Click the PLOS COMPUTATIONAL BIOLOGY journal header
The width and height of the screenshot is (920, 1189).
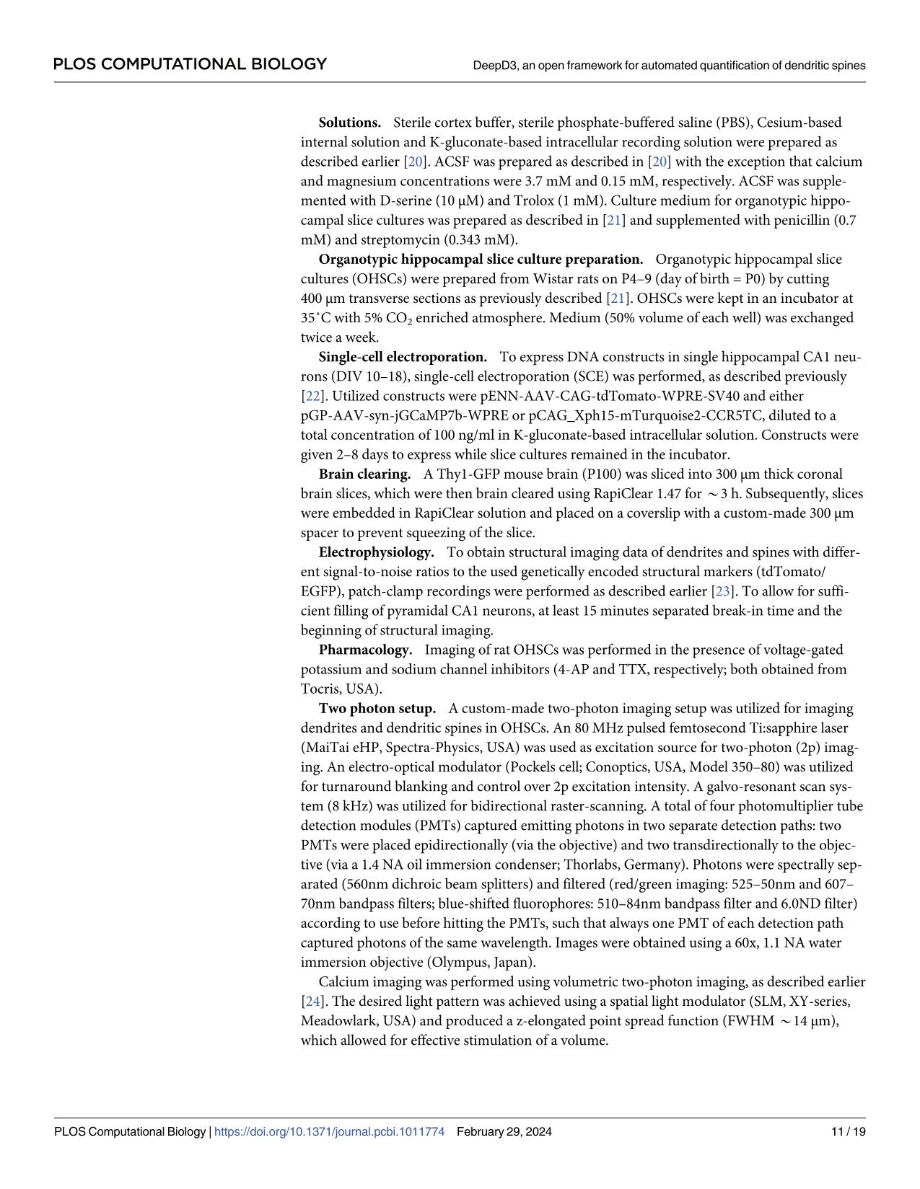(190, 64)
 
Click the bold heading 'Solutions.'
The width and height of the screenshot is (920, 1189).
(349, 123)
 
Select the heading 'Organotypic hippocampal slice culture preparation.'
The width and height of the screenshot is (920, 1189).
(481, 259)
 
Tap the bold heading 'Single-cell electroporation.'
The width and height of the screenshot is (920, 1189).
(403, 357)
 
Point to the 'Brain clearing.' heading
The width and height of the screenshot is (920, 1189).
(364, 474)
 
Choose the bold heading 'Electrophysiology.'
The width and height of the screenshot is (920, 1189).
(376, 552)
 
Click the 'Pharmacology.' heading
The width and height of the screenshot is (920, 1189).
(365, 650)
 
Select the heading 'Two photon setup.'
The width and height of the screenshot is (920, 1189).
(377, 709)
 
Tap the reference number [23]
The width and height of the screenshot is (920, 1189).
(722, 591)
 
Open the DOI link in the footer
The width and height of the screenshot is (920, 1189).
(330, 1131)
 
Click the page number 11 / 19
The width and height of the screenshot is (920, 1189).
(848, 1131)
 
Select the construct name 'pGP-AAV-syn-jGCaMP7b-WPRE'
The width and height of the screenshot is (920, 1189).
(391, 416)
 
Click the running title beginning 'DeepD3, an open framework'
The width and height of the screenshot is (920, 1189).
(669, 65)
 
